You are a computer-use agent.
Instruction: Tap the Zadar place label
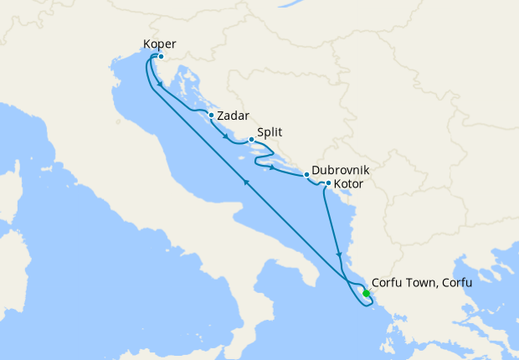(234, 117)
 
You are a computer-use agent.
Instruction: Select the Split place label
(270, 131)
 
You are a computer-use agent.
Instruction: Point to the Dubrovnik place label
(341, 169)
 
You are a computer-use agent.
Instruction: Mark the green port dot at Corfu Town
(366, 293)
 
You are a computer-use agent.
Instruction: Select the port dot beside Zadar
(212, 116)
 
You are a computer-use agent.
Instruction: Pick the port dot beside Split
(251, 140)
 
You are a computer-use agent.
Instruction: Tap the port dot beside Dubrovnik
(307, 175)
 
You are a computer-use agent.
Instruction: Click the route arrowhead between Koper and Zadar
(160, 84)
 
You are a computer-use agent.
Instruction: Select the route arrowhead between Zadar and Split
(224, 136)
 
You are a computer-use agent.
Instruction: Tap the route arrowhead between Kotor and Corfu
(338, 254)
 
